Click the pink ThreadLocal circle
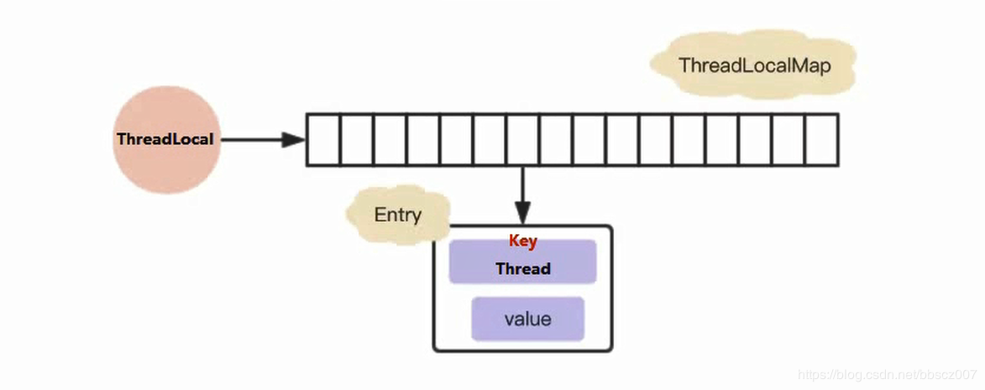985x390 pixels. (166, 140)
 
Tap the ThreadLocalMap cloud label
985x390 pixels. (753, 65)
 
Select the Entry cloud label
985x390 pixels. (397, 215)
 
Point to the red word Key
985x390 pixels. (522, 242)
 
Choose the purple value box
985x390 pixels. (527, 320)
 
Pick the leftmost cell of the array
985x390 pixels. (322, 140)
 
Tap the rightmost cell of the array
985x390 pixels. (821, 140)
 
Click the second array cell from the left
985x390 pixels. (356, 140)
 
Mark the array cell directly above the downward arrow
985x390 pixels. (522, 140)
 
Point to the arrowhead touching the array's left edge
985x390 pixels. (293, 140)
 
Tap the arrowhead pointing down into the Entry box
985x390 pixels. (522, 215)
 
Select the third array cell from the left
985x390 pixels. (390, 140)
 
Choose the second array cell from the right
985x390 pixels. (789, 140)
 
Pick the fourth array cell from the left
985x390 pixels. (422, 140)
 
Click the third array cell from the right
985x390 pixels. (755, 140)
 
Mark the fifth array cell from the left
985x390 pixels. (456, 140)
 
